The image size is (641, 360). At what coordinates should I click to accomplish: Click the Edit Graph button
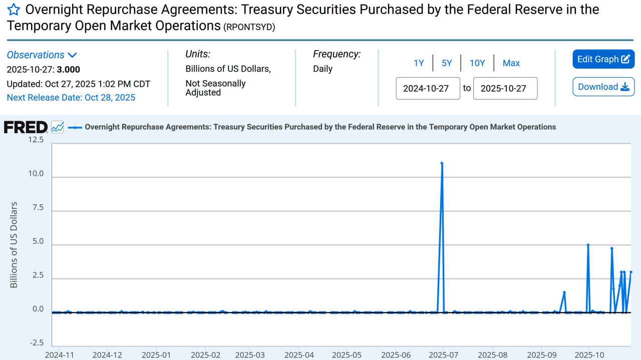coord(603,59)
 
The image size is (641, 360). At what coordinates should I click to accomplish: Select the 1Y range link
coord(419,63)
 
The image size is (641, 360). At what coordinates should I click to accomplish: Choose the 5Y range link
coord(447,63)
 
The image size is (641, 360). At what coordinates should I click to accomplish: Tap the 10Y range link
coord(477,63)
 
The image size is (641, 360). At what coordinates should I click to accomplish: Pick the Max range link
coord(511,63)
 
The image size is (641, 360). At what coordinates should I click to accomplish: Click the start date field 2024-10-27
coord(428,89)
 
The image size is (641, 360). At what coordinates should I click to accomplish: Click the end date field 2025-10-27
coord(505,89)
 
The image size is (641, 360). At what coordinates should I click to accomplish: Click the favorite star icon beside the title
coord(14,10)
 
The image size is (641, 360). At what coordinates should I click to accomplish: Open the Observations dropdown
coord(42,55)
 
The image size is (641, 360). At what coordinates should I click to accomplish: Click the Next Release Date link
coord(71,98)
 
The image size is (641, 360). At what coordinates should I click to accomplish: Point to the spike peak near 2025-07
coord(442,163)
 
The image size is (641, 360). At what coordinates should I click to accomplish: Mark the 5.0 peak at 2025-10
coord(588,245)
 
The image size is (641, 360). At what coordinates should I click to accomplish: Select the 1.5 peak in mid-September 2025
coord(564,292)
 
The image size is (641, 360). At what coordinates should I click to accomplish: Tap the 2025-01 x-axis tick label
coord(156,355)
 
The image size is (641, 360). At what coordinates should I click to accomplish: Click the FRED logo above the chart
coord(26,127)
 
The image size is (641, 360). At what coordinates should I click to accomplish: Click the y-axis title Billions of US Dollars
coord(14,245)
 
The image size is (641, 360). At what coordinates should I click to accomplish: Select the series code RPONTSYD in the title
coord(249,28)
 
